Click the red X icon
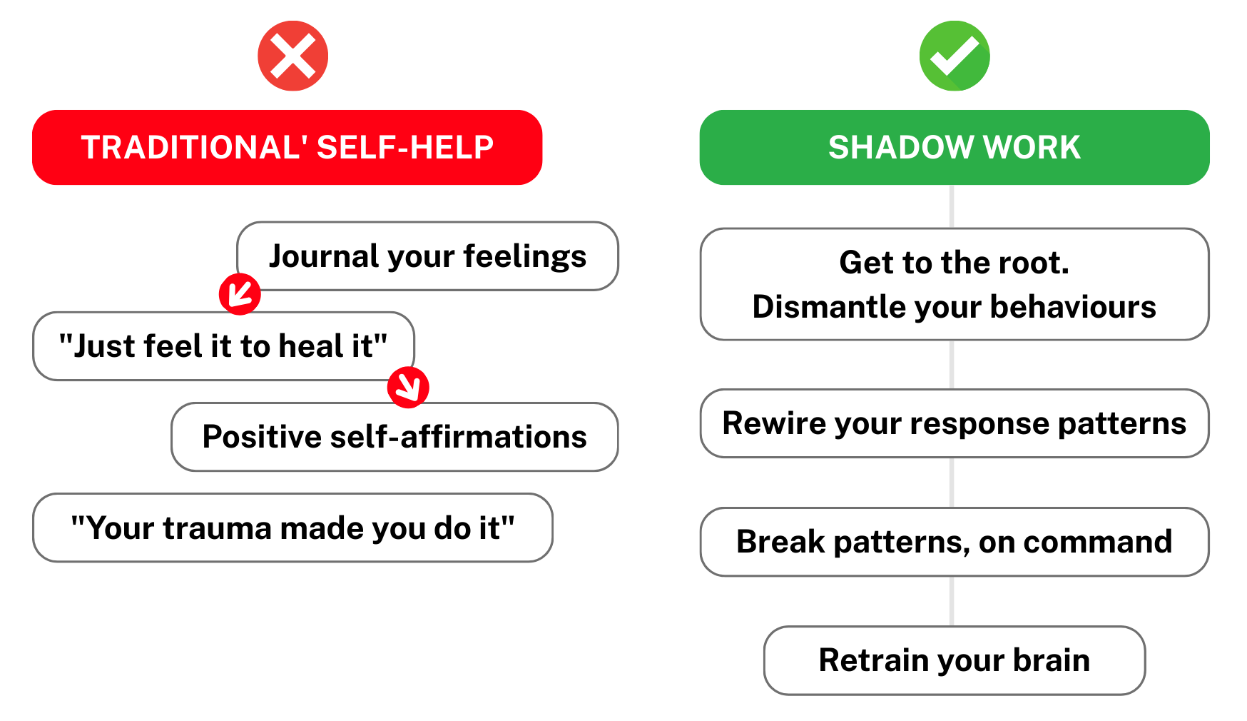pos(292,56)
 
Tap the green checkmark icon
pos(955,56)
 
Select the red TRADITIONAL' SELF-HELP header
pos(287,147)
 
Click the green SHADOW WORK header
pos(955,147)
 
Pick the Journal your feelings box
pos(428,256)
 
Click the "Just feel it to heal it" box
pos(223,346)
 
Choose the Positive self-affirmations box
pos(395,437)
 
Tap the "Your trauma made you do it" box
pos(292,528)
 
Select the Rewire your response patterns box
pos(955,423)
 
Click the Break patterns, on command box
pos(955,542)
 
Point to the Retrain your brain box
pos(955,660)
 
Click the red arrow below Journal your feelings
pos(240,293)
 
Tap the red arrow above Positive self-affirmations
pos(408,387)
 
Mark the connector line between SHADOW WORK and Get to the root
pos(952,206)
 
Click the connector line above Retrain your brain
pos(952,601)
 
